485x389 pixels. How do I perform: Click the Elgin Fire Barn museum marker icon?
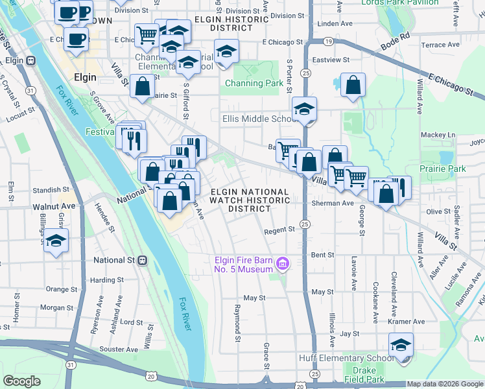[x=282, y=263]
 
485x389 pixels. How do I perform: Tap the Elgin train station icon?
[x=30, y=61]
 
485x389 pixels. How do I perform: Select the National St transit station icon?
[x=143, y=260]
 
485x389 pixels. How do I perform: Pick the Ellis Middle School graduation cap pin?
[x=303, y=110]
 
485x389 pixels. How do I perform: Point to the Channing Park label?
[x=254, y=83]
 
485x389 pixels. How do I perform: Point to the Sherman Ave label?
[x=333, y=203]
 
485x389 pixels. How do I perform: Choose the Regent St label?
[x=280, y=230]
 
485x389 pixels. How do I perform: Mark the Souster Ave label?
[x=118, y=349]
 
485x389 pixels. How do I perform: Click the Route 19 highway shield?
[x=329, y=41]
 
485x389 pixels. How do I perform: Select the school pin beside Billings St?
[x=56, y=241]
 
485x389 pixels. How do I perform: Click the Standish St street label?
[x=47, y=190]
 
